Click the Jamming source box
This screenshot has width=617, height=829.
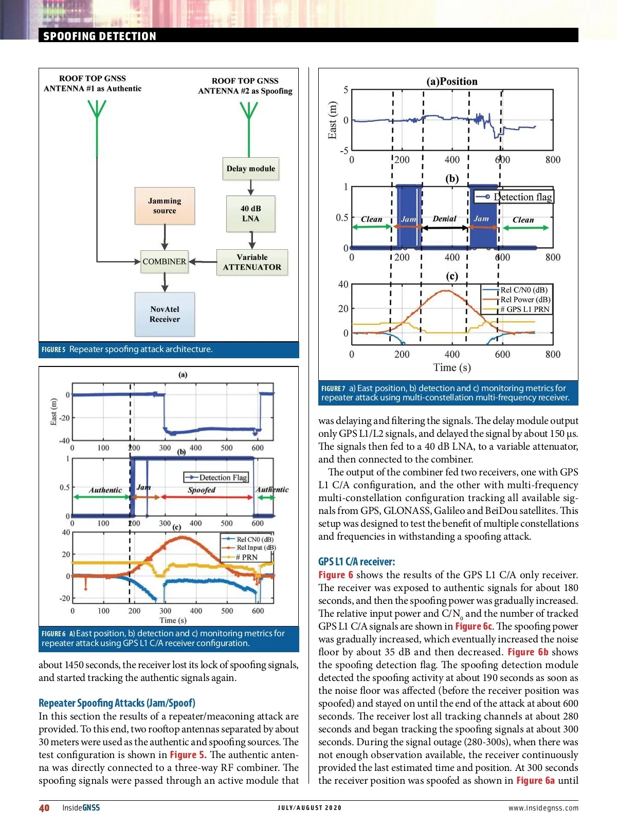click(x=165, y=206)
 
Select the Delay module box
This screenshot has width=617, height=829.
click(x=251, y=169)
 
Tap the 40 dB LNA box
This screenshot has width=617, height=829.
click(x=251, y=213)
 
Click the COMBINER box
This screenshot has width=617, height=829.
click(x=165, y=262)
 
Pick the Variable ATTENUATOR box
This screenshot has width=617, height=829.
click(x=252, y=262)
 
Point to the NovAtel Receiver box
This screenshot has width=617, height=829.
click(x=165, y=314)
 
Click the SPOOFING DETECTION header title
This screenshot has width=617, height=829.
click(x=100, y=36)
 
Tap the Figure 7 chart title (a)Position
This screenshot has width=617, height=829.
click(x=452, y=81)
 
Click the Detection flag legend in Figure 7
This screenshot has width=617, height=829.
click(x=514, y=197)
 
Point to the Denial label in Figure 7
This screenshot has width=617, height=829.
click(x=444, y=218)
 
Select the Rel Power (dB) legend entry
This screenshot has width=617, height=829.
click(x=525, y=300)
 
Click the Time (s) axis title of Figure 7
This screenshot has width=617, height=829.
click(x=452, y=367)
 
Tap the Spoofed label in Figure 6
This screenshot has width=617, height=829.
click(x=202, y=490)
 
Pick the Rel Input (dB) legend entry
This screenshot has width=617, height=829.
click(x=256, y=548)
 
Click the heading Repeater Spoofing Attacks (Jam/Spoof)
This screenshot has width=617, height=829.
click(x=117, y=703)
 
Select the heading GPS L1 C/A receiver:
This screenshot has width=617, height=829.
click(x=357, y=561)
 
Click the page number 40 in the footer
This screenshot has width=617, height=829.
click(x=44, y=807)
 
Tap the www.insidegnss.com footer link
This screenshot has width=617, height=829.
click(x=543, y=808)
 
